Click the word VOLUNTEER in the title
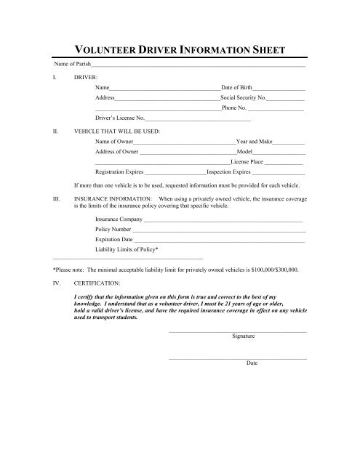(108, 51)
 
